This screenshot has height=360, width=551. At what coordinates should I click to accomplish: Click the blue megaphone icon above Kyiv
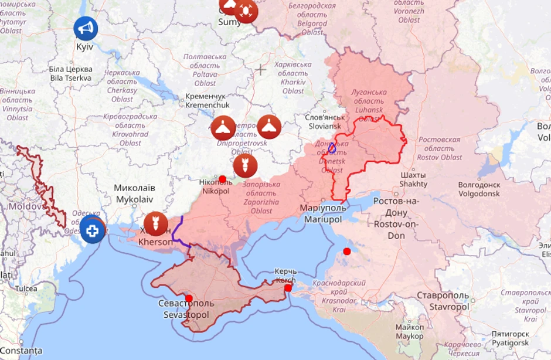point(86,28)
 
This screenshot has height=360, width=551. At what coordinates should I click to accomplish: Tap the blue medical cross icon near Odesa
point(92,229)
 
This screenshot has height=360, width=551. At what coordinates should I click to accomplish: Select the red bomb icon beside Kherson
point(156,224)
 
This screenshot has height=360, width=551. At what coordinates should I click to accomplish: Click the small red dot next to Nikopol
point(222,179)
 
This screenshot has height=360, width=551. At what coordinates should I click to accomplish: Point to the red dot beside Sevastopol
point(189,298)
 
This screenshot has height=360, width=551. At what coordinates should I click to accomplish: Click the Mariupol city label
point(324,214)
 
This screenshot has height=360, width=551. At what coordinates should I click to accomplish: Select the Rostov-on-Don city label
point(397,218)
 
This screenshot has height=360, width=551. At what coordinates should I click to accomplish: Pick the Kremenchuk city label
point(208,100)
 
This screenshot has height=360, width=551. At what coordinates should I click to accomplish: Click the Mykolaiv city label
point(135,193)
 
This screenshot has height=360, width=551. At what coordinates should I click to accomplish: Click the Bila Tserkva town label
point(70,73)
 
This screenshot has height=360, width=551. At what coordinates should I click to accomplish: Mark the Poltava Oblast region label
point(205,70)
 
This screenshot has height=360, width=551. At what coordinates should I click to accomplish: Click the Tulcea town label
point(26,288)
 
